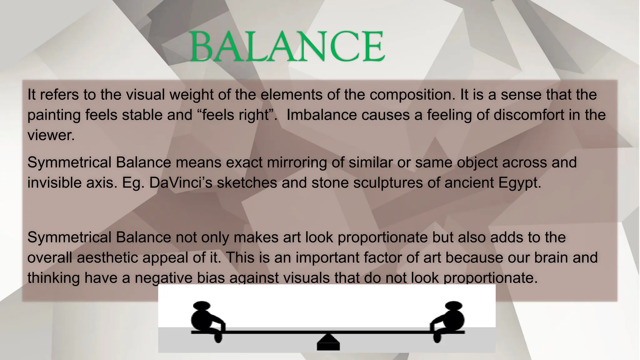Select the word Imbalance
pos(322,115)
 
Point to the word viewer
pos(51,135)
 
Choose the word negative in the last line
pos(163,278)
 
